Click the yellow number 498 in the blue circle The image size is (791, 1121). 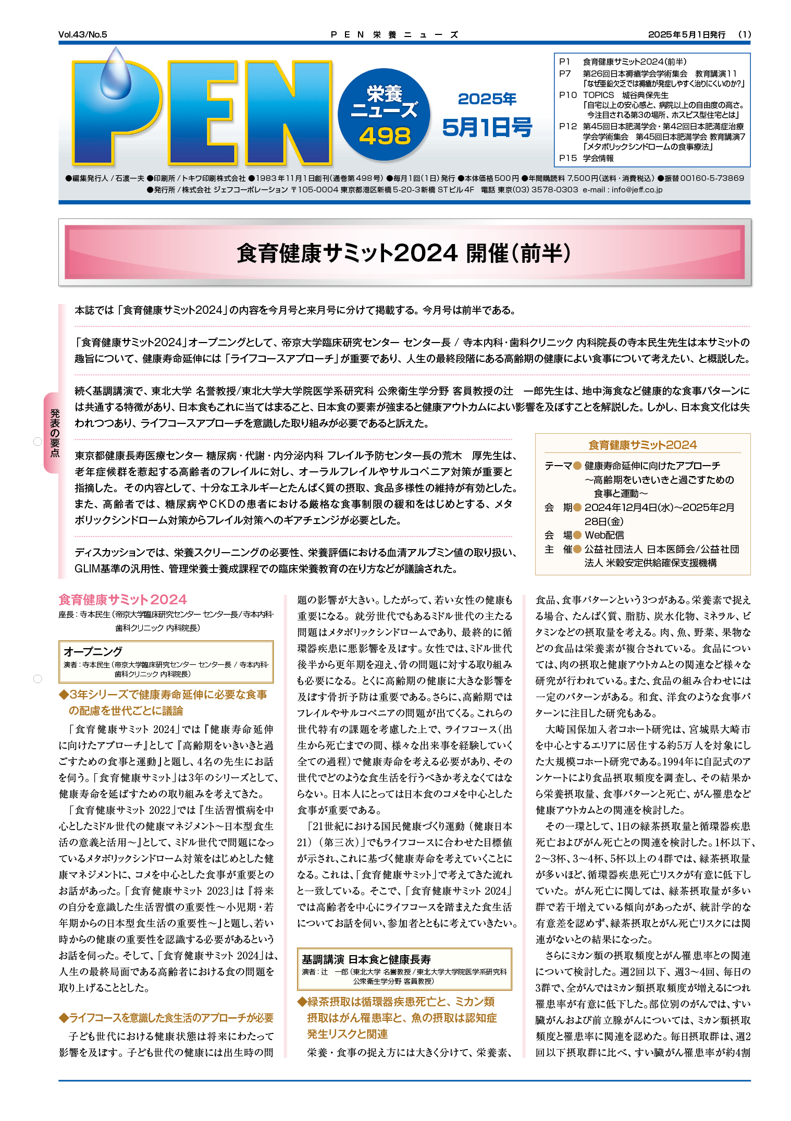(385, 137)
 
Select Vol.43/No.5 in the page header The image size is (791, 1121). (83, 35)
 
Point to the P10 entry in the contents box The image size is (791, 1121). (568, 95)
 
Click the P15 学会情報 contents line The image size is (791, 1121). (586, 158)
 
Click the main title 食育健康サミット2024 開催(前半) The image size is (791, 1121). (404, 253)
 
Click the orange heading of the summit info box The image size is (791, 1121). (642, 445)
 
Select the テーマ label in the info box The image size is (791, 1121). (558, 466)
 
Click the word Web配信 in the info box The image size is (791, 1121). (604, 535)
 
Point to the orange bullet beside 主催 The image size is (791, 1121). (577, 549)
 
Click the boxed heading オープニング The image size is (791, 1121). (93, 651)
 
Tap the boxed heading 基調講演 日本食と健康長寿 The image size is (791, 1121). (366, 959)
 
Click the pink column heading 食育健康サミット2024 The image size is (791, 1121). (122, 600)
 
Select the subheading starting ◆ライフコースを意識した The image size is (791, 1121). (166, 1018)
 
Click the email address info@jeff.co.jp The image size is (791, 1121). (637, 190)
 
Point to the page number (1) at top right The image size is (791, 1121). (744, 35)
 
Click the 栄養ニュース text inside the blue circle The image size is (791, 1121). (385, 102)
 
